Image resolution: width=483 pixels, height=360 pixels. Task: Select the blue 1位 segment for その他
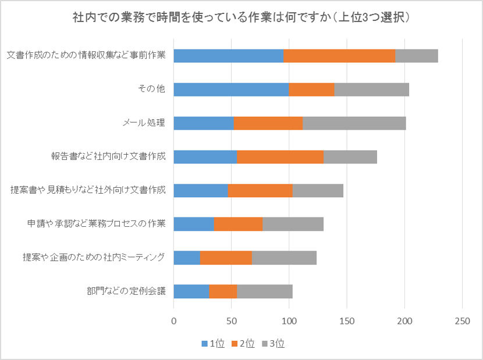(231, 90)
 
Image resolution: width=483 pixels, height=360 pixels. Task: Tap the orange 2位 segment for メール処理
(268, 123)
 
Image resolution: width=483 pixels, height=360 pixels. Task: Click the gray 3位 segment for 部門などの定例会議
(265, 291)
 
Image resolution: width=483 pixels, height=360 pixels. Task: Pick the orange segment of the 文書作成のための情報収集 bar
(339, 56)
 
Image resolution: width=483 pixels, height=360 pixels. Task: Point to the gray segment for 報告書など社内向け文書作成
(350, 157)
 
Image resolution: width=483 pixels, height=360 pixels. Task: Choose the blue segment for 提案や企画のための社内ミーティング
(187, 258)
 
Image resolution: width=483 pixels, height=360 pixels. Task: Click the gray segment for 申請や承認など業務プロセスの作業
(293, 224)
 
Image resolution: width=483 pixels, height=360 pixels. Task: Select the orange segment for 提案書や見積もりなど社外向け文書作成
(260, 191)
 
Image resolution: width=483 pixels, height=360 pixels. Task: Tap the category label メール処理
(144, 123)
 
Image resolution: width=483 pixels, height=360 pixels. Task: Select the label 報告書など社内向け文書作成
(108, 156)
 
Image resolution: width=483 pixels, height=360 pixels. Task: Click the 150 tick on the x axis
(347, 320)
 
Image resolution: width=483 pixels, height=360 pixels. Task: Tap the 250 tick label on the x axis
(462, 320)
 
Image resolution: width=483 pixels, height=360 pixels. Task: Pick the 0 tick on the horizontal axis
(174, 320)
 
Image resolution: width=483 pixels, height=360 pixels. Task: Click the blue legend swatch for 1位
(204, 344)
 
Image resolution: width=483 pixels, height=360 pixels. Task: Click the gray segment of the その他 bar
(372, 90)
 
